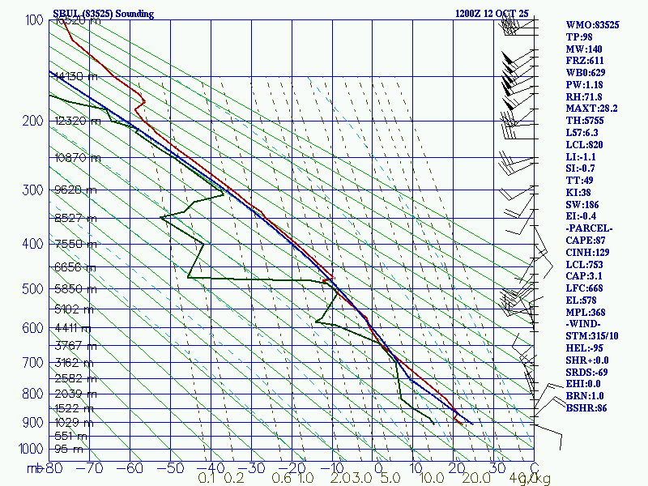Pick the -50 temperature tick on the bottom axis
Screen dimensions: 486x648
click(172, 467)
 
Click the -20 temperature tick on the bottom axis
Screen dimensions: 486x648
click(292, 467)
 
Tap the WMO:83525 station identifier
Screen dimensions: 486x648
click(592, 26)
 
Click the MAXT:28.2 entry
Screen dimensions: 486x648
click(591, 109)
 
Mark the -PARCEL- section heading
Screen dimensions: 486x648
click(589, 228)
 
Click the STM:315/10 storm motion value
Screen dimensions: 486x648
click(591, 336)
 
